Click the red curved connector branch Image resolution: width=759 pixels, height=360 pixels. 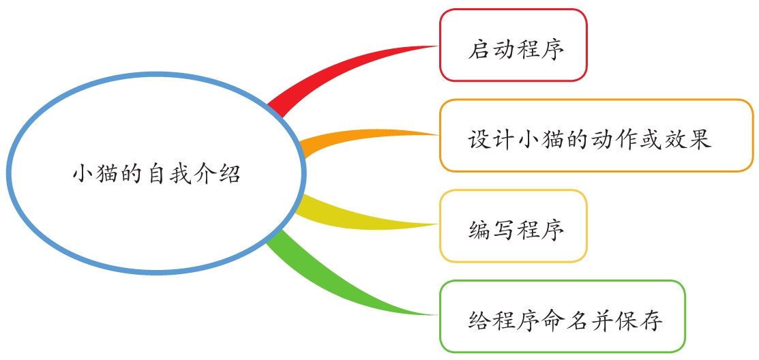(x=339, y=72)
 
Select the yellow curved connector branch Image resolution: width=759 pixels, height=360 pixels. (x=363, y=216)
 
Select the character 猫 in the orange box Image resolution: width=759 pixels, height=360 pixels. (x=552, y=140)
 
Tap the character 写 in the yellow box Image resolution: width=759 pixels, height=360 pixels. (x=503, y=230)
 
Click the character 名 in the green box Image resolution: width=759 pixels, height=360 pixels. (x=576, y=321)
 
